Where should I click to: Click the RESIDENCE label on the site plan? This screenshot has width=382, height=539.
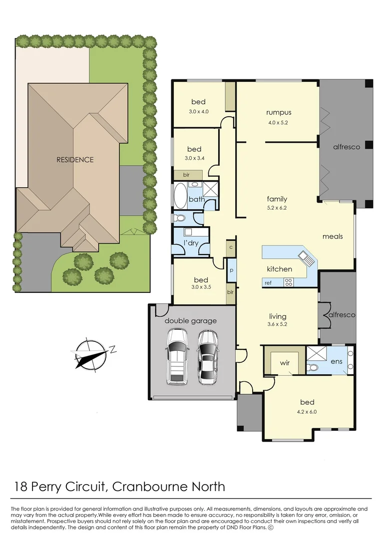click(x=74, y=160)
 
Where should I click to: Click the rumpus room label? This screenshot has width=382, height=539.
click(x=278, y=112)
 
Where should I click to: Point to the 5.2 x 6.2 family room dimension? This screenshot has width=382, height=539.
click(x=277, y=208)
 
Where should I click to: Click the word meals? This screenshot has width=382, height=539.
click(x=333, y=236)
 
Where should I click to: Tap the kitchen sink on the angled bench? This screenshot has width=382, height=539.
click(x=305, y=258)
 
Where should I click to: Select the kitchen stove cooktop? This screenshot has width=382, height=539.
click(x=289, y=282)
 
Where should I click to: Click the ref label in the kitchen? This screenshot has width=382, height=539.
click(x=268, y=283)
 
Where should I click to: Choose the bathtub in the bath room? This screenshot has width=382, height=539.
click(x=179, y=195)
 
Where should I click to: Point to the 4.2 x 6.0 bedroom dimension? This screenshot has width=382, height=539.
click(x=308, y=412)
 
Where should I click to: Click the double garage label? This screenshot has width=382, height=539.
click(x=191, y=320)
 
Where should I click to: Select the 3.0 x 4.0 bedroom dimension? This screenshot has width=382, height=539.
click(x=198, y=111)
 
